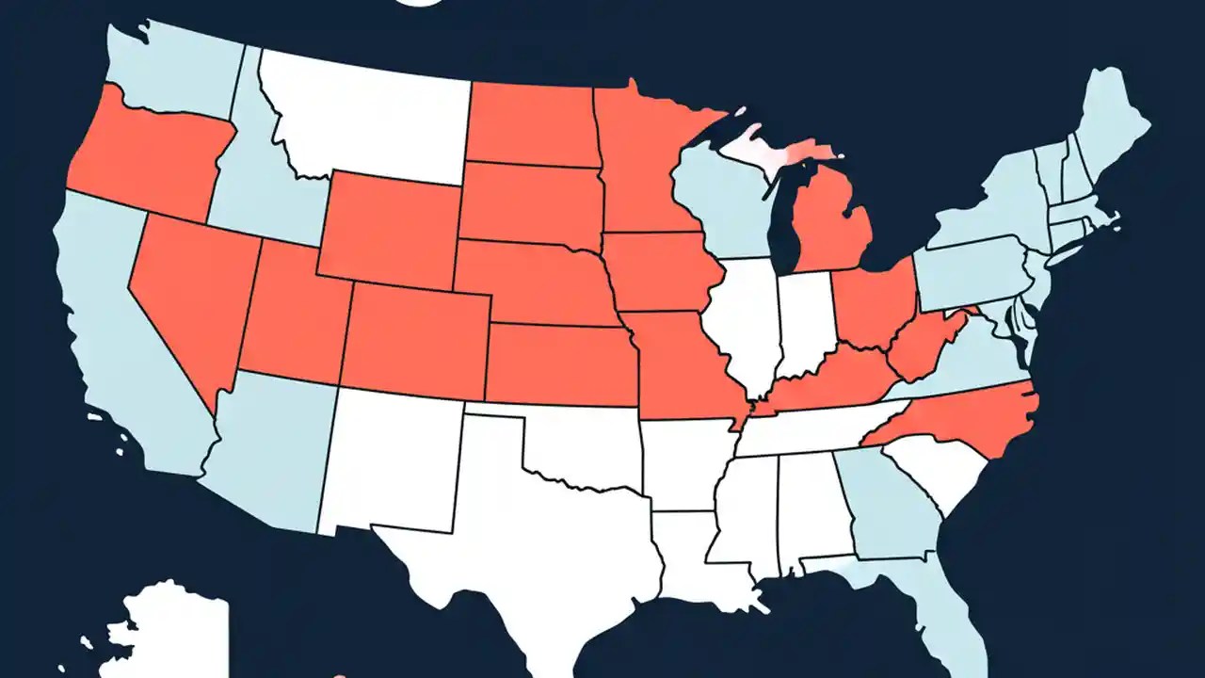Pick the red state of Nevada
click(188, 282)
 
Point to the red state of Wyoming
click(391, 231)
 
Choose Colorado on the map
click(414, 339)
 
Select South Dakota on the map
click(532, 202)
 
